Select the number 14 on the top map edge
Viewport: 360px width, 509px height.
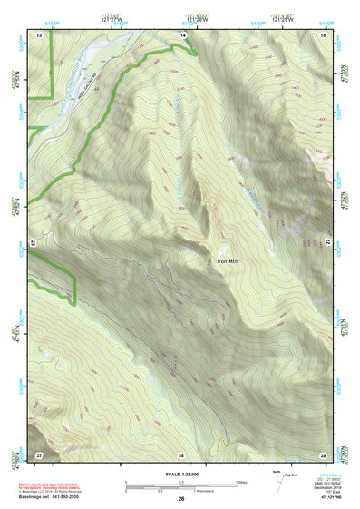tap(183, 34)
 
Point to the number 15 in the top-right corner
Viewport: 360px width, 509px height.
tap(323, 34)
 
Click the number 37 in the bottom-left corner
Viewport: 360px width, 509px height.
tap(39, 454)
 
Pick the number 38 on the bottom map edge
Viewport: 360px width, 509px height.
tap(181, 454)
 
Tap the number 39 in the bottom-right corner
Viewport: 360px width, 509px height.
tap(323, 454)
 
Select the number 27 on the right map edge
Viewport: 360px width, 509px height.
tap(327, 243)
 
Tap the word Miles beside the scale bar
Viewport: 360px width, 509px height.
tap(242, 482)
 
